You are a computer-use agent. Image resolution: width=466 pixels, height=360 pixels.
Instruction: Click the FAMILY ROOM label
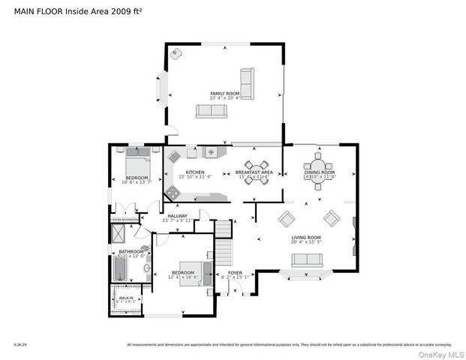point(224,93)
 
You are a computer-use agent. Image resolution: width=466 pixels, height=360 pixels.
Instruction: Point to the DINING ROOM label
point(320,172)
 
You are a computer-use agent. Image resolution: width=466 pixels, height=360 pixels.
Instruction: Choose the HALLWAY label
point(177,217)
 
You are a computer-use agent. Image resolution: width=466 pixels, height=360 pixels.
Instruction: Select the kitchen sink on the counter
point(212,152)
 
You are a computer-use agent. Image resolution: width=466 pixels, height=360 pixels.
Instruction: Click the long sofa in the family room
point(211,111)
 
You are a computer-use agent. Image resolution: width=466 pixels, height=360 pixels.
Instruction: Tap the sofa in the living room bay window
point(306,260)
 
